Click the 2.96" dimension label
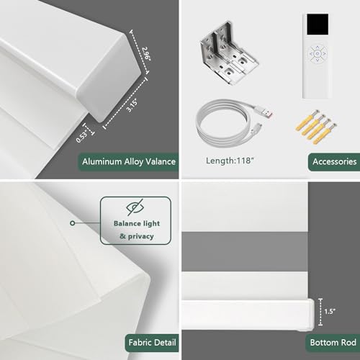[x=146, y=54]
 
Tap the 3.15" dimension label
[x=132, y=106]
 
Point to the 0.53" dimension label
[x=82, y=137]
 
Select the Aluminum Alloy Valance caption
[x=129, y=161]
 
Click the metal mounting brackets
[x=229, y=53]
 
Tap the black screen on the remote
[x=318, y=24]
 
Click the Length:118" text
[x=230, y=161]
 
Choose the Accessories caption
[x=335, y=161]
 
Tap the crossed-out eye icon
[x=135, y=207]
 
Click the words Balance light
[x=137, y=224]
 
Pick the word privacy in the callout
[x=141, y=237]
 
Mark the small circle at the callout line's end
[x=73, y=223]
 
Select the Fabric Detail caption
[x=152, y=343]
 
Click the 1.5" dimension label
[x=330, y=311]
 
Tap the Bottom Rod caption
[x=333, y=343]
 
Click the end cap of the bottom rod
[x=311, y=315]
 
